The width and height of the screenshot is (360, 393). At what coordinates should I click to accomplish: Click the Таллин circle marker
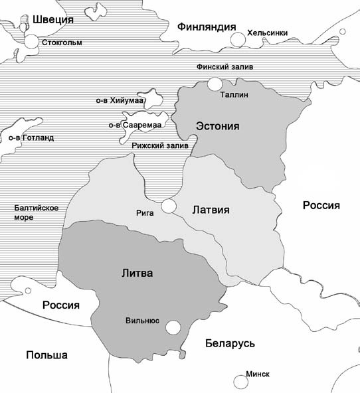(214, 84)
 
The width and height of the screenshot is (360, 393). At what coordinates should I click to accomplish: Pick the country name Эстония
(217, 125)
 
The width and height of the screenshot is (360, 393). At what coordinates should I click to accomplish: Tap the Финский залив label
(225, 67)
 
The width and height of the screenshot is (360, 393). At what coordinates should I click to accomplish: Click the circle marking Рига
(169, 206)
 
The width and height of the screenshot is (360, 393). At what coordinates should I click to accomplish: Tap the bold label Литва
(137, 272)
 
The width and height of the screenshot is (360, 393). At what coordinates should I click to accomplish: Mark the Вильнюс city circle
(173, 327)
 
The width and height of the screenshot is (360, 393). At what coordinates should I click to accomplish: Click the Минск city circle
(240, 381)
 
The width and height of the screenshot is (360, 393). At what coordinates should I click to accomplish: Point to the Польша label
(46, 354)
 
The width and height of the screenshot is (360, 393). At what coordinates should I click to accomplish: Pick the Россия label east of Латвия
(321, 205)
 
